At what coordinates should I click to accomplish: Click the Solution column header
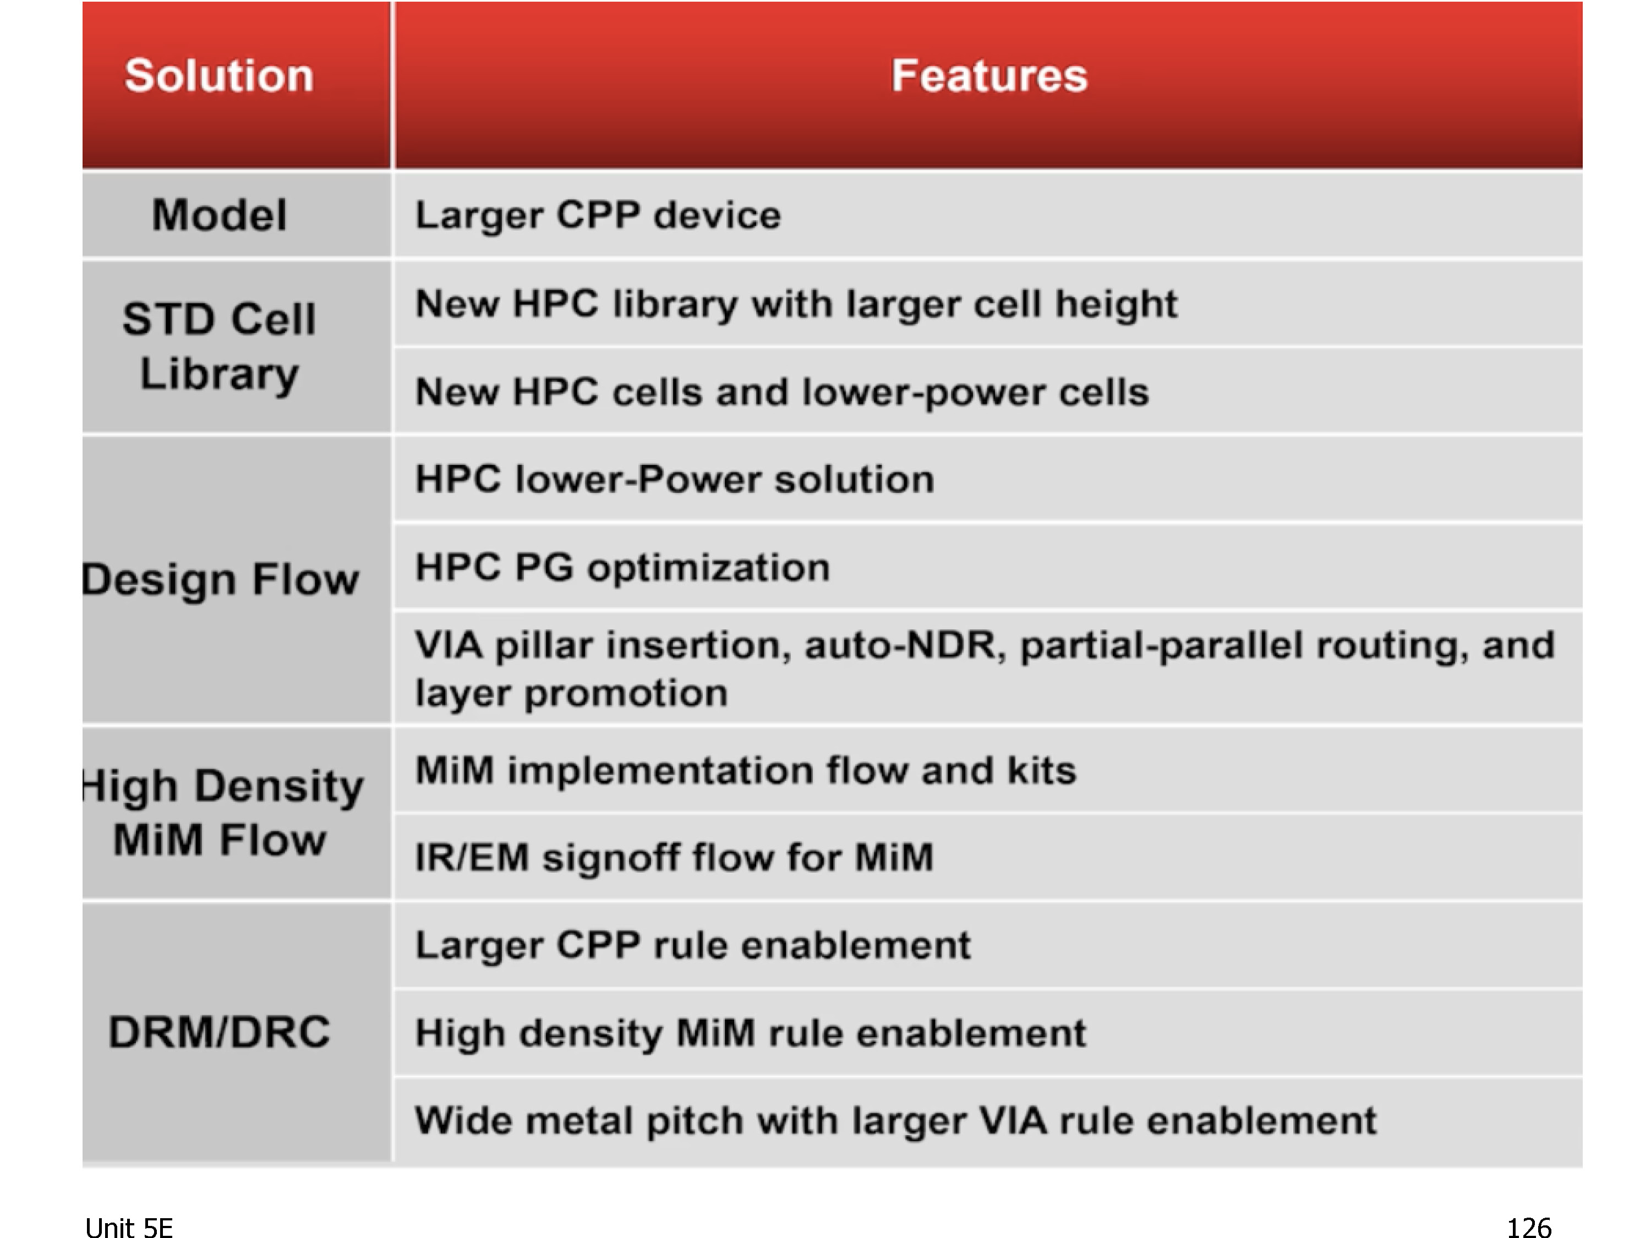(x=218, y=75)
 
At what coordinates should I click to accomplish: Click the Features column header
(x=989, y=75)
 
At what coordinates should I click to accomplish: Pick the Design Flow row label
(x=221, y=580)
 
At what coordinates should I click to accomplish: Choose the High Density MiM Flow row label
(x=222, y=813)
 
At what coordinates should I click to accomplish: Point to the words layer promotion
(x=572, y=693)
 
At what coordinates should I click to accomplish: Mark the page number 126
(x=1529, y=1228)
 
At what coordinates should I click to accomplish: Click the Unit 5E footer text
(x=129, y=1228)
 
